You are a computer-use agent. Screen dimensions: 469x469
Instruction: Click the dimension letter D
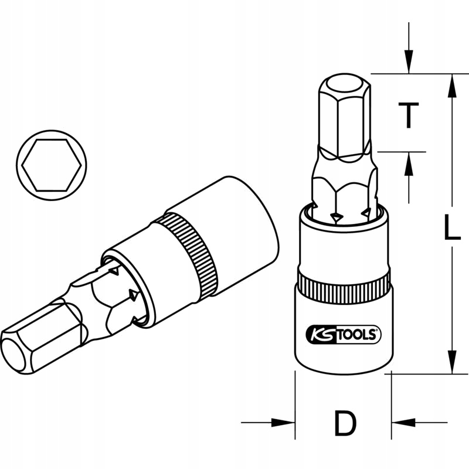(344, 423)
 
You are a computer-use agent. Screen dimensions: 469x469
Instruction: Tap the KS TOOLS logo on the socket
(343, 334)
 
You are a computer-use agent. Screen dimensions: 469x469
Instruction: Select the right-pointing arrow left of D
(284, 422)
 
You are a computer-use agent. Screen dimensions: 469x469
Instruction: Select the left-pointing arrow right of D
(402, 422)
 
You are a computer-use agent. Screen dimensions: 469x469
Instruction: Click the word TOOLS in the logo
(357, 334)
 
